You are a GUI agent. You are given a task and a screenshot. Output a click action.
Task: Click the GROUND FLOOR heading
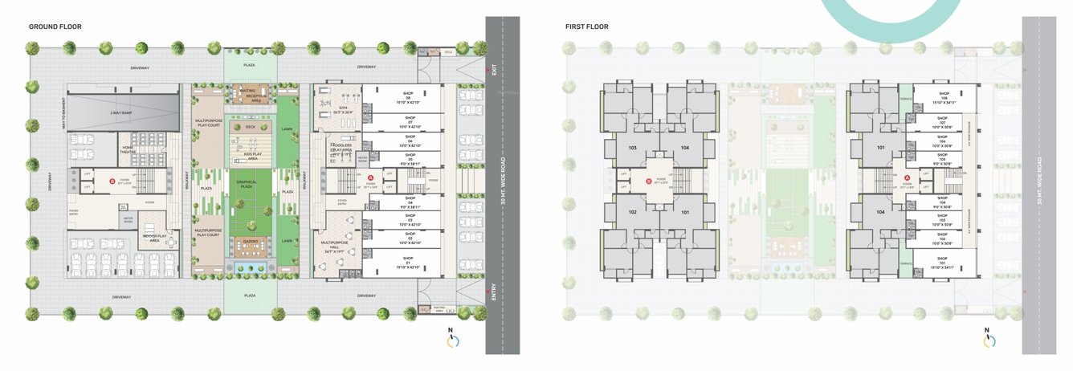[x=55, y=26]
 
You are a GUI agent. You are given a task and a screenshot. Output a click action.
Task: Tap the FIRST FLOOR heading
[x=586, y=26]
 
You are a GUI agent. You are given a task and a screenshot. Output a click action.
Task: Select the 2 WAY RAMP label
[x=122, y=113]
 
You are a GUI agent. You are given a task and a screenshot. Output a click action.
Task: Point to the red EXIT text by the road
[x=494, y=71]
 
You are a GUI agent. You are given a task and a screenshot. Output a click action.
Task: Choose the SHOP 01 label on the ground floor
[x=408, y=264]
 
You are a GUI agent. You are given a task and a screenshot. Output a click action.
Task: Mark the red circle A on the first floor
[x=907, y=177]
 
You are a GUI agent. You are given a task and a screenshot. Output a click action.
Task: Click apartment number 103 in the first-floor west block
[x=632, y=148]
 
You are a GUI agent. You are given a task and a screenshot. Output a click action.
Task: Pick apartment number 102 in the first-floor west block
[x=632, y=213]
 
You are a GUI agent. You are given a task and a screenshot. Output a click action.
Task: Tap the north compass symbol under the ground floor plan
[x=453, y=340]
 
